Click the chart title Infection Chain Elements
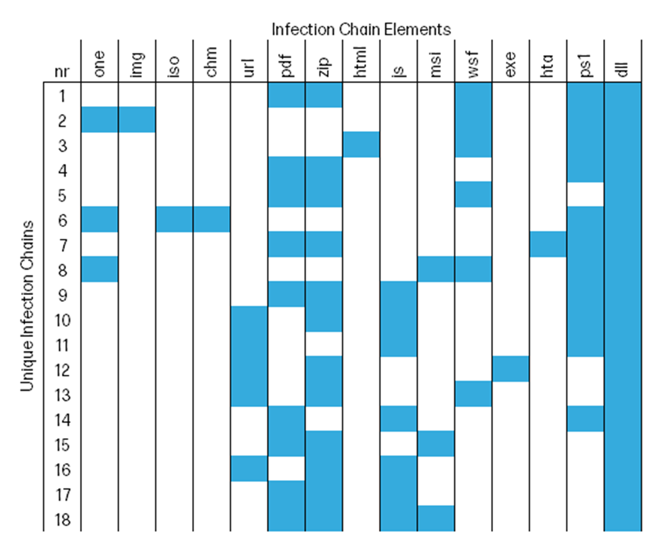tap(361, 30)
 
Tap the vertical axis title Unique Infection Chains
tap(27, 306)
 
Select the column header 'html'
tap(361, 62)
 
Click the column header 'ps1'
tap(585, 65)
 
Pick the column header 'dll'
tap(623, 69)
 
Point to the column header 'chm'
tap(211, 62)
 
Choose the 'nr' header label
tap(62, 72)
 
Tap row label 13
tap(63, 395)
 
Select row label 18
tap(63, 519)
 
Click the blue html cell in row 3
tap(361, 144)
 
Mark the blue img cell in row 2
tap(137, 120)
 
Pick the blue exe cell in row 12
tap(510, 369)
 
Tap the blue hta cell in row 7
tap(548, 244)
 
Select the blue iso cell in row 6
tap(174, 219)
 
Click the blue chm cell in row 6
tap(212, 219)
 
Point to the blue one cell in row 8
tap(99, 269)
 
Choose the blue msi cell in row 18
tap(436, 518)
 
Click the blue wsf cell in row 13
tap(473, 393)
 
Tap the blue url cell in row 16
tap(249, 468)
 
